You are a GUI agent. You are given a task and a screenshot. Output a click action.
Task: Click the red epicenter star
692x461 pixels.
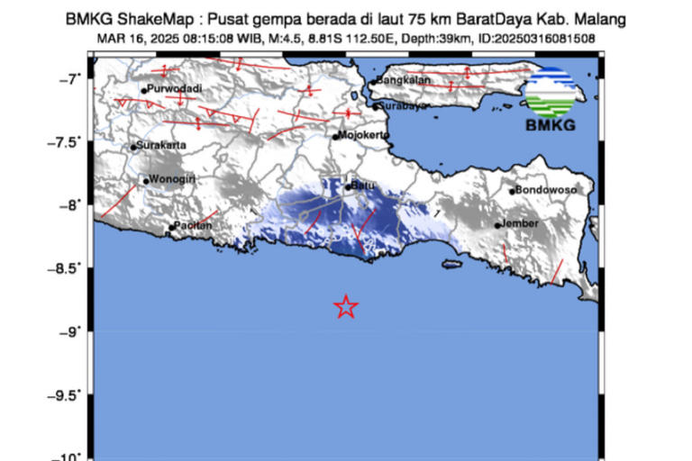pos(346,307)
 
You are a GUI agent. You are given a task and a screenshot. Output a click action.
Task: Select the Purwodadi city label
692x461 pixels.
pos(175,88)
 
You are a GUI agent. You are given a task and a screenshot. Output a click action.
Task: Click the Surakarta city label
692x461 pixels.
pos(163,146)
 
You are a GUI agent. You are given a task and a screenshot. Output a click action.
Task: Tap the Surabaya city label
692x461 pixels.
pos(401,105)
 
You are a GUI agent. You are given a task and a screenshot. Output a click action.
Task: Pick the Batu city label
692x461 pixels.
pos(363,185)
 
